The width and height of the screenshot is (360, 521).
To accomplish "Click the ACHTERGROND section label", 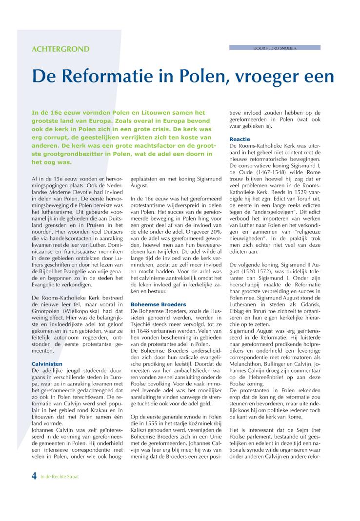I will tap(60, 49).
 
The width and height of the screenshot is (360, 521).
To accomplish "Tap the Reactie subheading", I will tap(240, 139).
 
